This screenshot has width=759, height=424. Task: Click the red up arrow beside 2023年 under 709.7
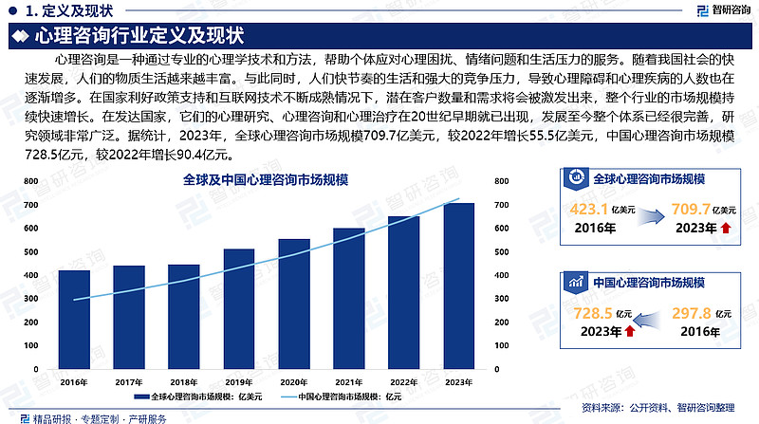[x=726, y=228]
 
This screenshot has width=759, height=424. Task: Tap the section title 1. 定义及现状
[x=66, y=11]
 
